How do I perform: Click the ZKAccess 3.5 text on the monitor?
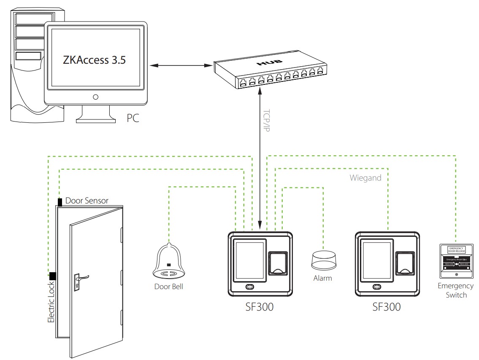(x=95, y=59)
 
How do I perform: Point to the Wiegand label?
(x=365, y=178)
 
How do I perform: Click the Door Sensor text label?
(x=87, y=201)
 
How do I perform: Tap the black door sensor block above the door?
(x=60, y=202)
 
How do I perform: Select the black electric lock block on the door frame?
(x=53, y=276)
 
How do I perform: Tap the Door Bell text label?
(x=169, y=287)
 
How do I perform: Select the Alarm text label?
(x=323, y=278)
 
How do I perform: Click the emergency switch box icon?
(x=456, y=260)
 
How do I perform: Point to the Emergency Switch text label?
(x=456, y=290)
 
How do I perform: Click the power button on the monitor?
(x=96, y=97)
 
